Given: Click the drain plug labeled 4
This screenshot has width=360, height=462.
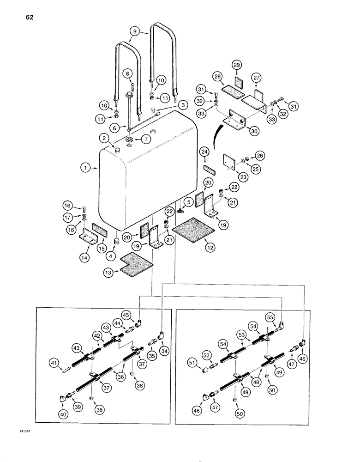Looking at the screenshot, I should click(117, 241).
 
